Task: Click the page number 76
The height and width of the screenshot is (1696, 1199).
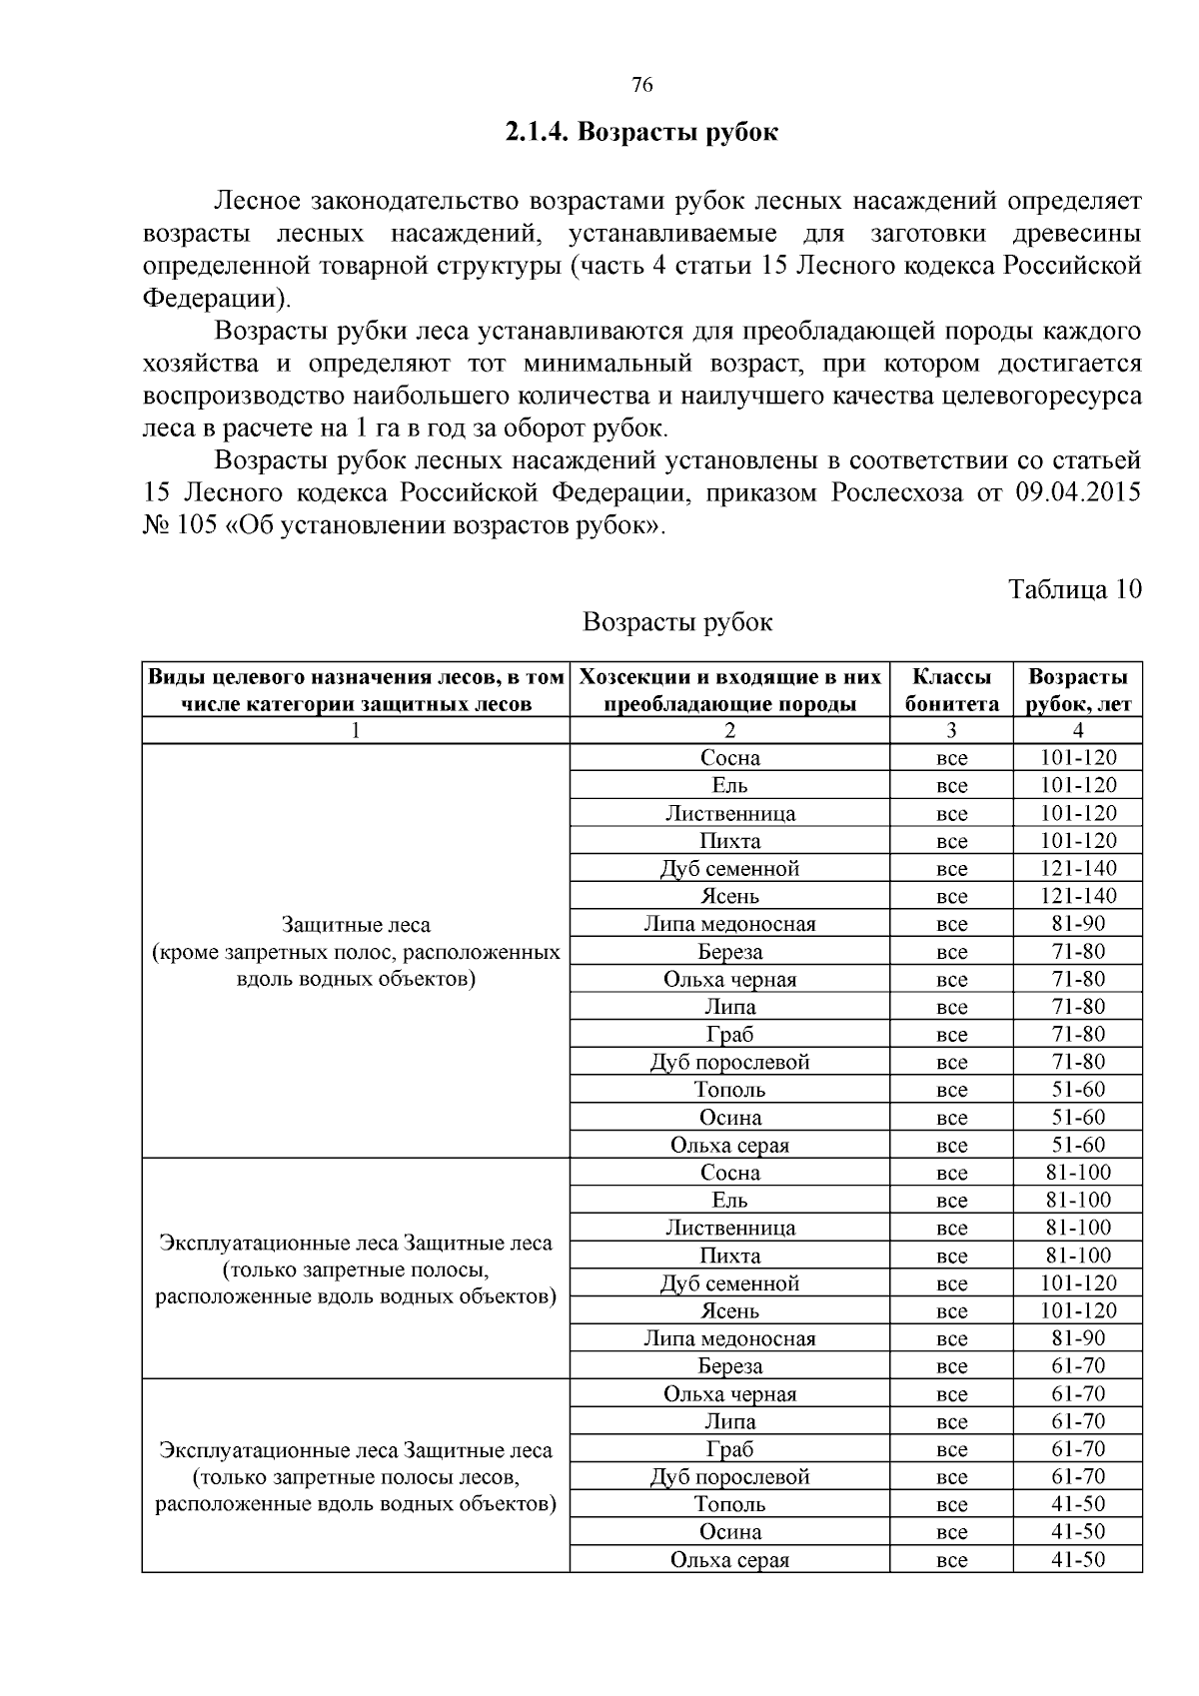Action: click(642, 86)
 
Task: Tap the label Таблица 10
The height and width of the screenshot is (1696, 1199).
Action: click(1074, 588)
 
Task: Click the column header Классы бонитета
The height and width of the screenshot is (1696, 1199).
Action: click(951, 690)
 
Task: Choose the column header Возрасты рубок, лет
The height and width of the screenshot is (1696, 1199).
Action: click(1078, 690)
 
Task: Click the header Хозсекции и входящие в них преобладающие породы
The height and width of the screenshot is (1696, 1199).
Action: click(729, 690)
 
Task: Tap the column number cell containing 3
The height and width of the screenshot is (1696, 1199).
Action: click(951, 731)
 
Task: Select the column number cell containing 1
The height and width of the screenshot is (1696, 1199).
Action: click(356, 731)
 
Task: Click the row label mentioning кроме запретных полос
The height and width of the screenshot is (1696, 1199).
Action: click(356, 952)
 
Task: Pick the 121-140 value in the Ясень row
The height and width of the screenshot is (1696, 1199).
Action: click(1078, 896)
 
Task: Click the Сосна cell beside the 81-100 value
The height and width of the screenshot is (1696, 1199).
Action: click(729, 1173)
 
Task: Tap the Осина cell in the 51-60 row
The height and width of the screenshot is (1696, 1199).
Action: click(729, 1118)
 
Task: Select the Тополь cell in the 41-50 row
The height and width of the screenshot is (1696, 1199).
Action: click(729, 1504)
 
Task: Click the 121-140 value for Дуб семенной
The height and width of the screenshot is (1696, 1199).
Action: click(1078, 869)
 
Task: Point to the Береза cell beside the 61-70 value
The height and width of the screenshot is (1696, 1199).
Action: click(729, 1365)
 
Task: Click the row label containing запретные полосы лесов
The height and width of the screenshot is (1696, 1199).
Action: click(356, 1476)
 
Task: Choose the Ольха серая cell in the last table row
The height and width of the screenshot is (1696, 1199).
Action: click(729, 1560)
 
